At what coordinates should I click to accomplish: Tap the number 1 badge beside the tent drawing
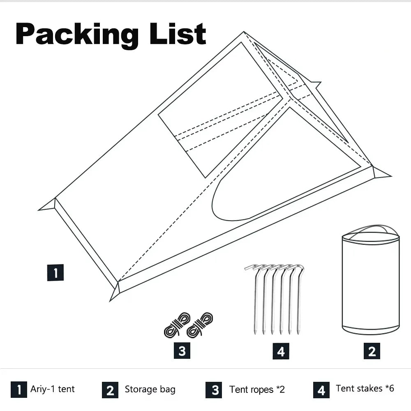pyautogui.click(x=55, y=272)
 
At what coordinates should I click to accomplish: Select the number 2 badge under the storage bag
pyautogui.click(x=372, y=351)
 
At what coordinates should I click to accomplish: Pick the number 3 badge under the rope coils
pyautogui.click(x=182, y=351)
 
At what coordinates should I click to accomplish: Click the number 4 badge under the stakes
pyautogui.click(x=281, y=351)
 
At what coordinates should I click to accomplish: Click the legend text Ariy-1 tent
pyautogui.click(x=53, y=389)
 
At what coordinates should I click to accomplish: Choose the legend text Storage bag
pyautogui.click(x=150, y=389)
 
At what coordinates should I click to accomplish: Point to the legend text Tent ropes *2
pyautogui.click(x=257, y=389)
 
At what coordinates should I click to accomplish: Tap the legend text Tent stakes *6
pyautogui.click(x=365, y=388)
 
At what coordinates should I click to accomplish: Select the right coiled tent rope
pyautogui.click(x=200, y=324)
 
